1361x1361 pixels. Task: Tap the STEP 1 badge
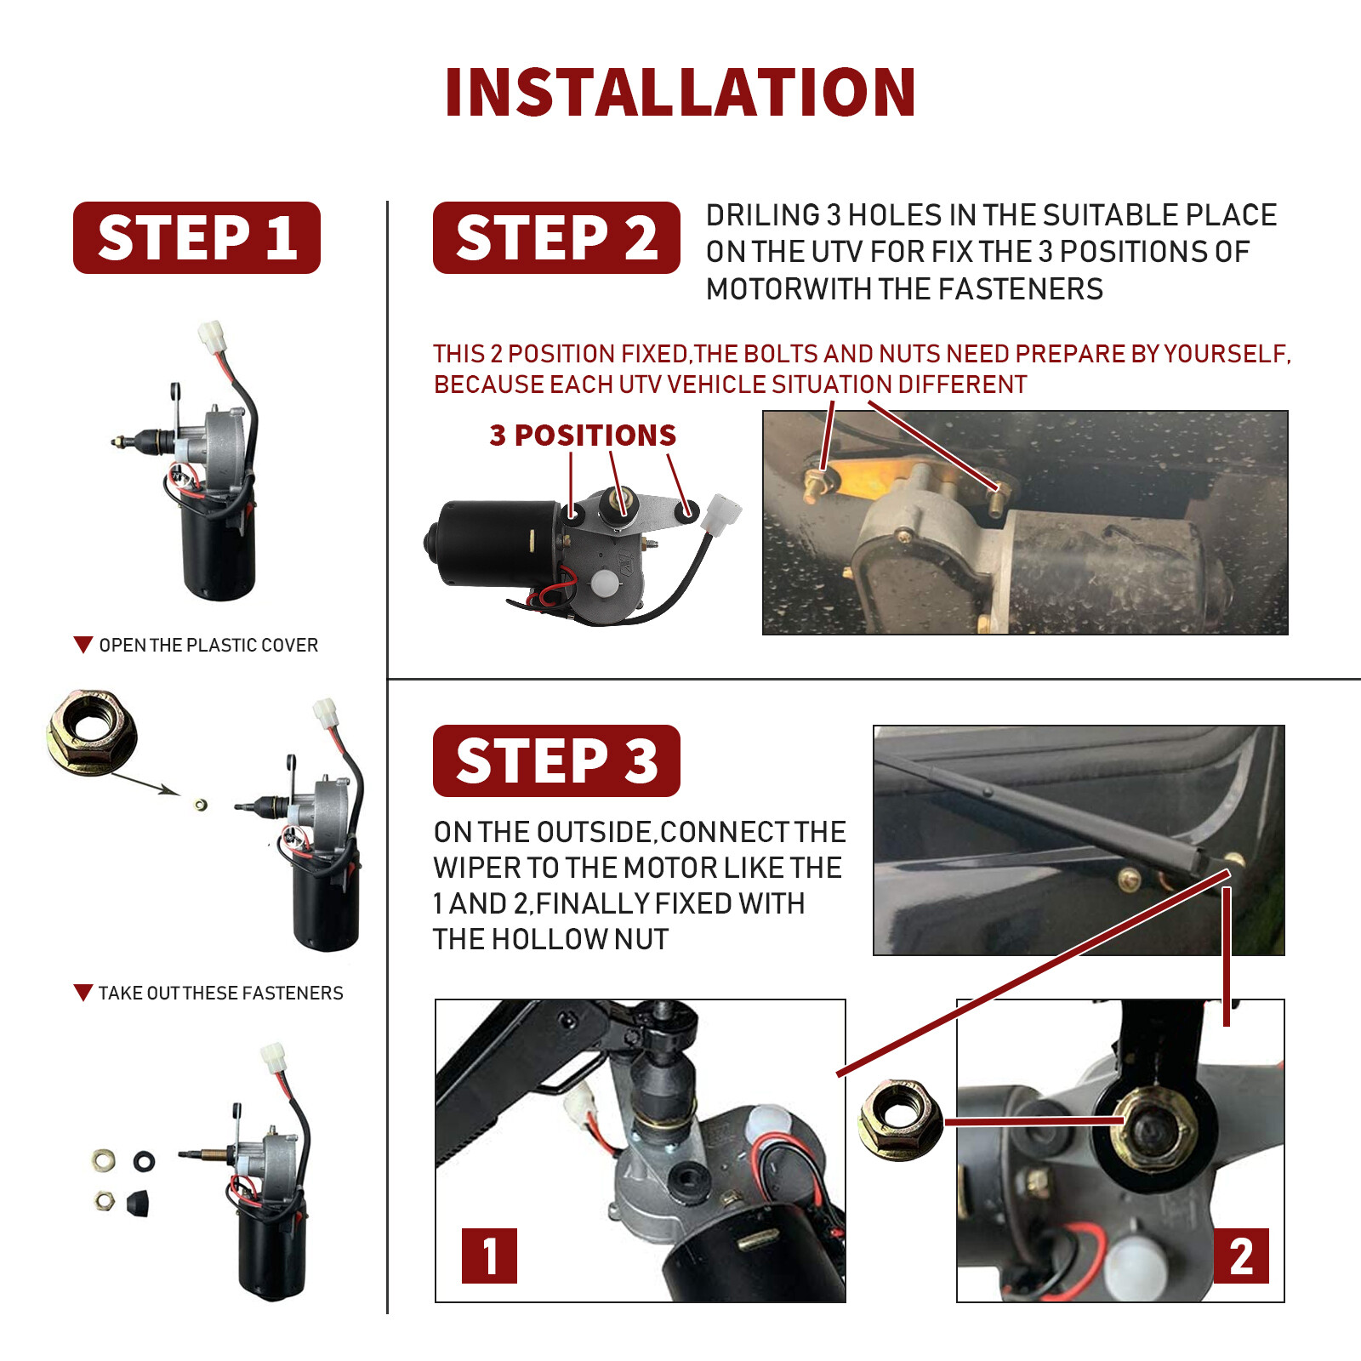pos(196,237)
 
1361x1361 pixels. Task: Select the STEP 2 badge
pos(556,237)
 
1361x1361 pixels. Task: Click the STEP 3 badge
pos(556,760)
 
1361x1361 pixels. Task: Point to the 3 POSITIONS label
pos(583,436)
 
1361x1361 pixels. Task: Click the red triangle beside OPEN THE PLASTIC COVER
pos(83,645)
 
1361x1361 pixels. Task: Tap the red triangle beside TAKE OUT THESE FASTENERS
pos(83,993)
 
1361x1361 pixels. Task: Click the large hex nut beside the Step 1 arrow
pos(92,732)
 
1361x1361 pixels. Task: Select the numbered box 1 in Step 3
pos(489,1256)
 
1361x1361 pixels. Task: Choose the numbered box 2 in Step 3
pos(1241,1256)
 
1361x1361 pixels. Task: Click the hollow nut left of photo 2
pos(901,1119)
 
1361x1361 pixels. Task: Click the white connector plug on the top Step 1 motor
pos(212,337)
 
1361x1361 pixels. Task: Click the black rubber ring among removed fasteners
pos(144,1160)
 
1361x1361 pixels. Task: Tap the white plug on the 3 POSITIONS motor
pos(721,513)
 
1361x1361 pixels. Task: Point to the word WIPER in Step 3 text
pos(477,868)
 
